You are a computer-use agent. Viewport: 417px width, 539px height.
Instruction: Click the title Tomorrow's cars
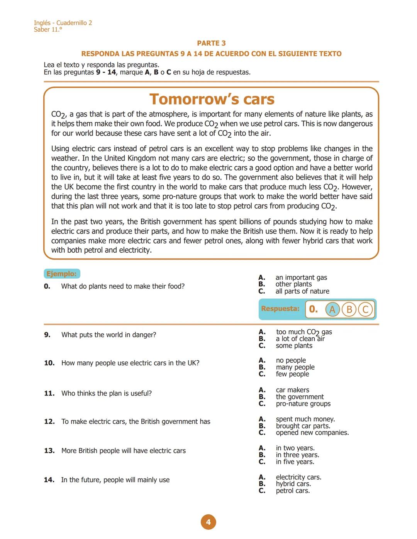click(x=212, y=99)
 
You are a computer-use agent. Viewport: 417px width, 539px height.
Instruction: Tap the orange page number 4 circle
click(x=208, y=522)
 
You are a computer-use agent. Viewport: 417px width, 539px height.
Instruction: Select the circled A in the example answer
click(x=332, y=309)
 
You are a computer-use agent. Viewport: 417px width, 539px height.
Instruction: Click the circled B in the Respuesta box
click(x=349, y=309)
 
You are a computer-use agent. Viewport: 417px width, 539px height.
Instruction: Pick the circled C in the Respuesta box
click(x=365, y=309)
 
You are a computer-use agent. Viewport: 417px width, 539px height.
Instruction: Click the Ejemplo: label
click(x=62, y=274)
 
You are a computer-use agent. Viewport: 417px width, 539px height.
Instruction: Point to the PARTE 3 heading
click(x=211, y=43)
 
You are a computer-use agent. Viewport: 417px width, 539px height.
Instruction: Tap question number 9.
click(x=47, y=335)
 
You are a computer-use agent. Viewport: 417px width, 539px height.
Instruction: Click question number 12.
click(x=49, y=422)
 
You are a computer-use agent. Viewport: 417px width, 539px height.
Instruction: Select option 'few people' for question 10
click(x=292, y=374)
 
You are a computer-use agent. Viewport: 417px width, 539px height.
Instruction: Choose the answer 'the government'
click(x=300, y=397)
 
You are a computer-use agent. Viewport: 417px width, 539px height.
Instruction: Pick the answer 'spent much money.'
click(x=305, y=419)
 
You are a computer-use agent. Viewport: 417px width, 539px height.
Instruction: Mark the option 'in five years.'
click(x=295, y=462)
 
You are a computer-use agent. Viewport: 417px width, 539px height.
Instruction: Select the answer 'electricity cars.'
click(x=298, y=478)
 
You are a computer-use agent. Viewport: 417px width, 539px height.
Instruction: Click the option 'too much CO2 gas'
click(x=304, y=332)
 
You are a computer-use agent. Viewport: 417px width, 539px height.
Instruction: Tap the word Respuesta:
click(x=280, y=309)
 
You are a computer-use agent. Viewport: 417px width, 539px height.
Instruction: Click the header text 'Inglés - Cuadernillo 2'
click(x=63, y=23)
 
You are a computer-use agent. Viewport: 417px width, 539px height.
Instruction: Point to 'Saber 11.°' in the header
click(x=48, y=30)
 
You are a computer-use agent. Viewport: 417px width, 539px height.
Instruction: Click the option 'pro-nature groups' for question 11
click(x=303, y=404)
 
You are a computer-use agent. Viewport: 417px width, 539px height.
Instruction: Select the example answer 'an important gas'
click(x=301, y=278)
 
